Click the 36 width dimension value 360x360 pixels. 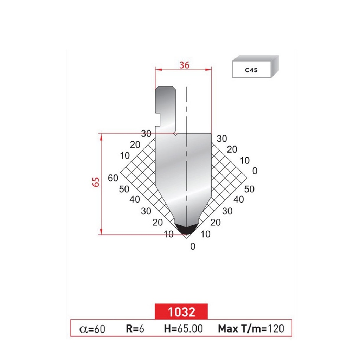coord(184,65)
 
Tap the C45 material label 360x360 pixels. coord(251,70)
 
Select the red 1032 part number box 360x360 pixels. coord(181,311)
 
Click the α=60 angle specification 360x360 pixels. coord(92,329)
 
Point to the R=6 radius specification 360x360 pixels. coord(135,329)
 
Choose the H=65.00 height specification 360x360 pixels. coord(183,329)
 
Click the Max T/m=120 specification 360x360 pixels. coord(251,329)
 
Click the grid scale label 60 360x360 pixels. coord(113,178)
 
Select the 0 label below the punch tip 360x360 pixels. coord(192,246)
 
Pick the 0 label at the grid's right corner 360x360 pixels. coord(255,171)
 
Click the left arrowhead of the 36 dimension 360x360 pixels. coord(157,70)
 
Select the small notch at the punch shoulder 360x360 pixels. coord(175,134)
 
